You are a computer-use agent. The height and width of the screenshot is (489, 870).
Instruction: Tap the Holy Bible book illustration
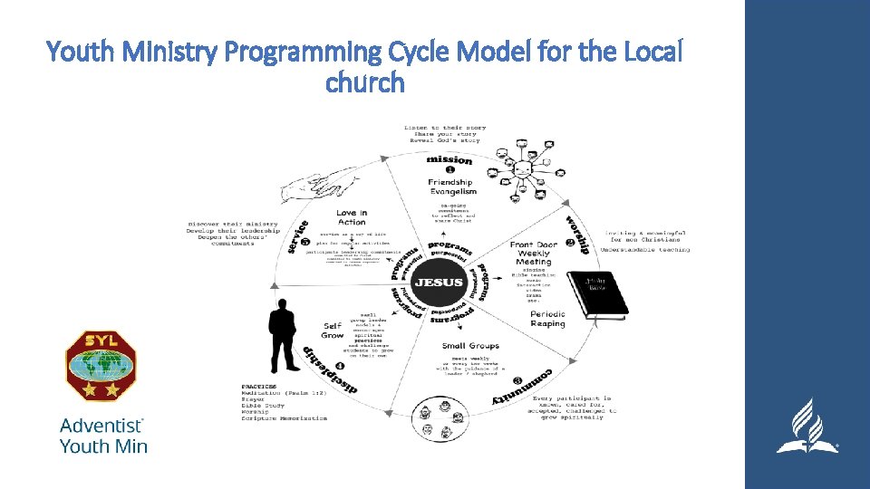[597, 295]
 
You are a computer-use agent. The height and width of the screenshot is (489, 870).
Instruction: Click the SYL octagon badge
[100, 365]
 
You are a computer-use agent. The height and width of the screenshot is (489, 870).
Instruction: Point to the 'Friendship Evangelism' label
[452, 187]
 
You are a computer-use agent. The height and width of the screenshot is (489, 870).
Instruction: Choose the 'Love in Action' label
[351, 217]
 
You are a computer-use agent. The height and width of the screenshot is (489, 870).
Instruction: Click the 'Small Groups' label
[470, 346]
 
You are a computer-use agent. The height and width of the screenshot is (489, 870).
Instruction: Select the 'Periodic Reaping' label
[547, 319]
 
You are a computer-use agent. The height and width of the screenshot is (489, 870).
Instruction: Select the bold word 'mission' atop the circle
[449, 160]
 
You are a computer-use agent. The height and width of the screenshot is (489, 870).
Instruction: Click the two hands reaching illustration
[318, 186]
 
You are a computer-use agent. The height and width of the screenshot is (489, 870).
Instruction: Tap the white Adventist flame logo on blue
[806, 426]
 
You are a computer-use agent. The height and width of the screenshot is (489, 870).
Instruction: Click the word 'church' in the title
[364, 83]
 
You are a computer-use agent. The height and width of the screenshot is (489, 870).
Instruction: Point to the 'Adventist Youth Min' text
[102, 435]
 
